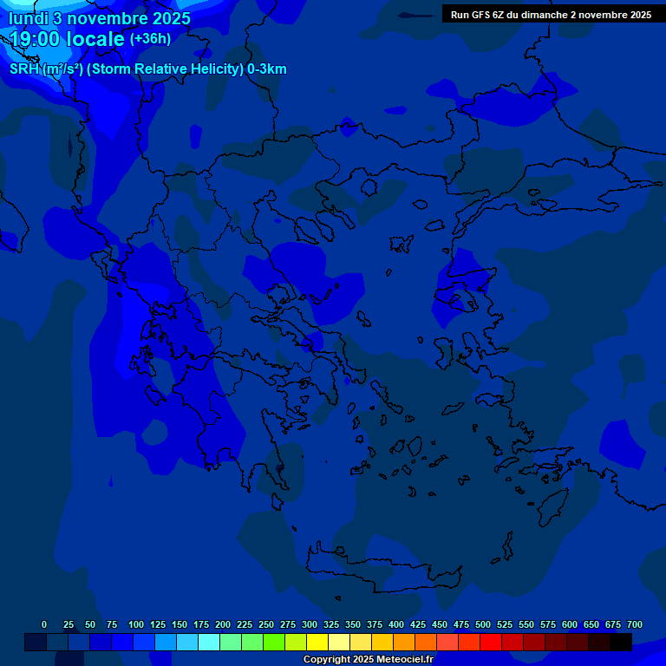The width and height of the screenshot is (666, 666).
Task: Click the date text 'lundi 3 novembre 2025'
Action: click(x=100, y=18)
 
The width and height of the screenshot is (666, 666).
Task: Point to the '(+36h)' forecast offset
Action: click(x=150, y=38)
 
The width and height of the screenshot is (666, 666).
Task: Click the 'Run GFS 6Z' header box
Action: click(x=551, y=14)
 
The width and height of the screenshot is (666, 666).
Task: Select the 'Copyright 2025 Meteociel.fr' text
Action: click(x=368, y=659)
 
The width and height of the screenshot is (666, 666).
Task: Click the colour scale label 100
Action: click(x=136, y=624)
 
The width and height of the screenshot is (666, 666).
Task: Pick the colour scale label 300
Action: click(x=310, y=624)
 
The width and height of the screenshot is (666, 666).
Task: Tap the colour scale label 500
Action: click(x=483, y=624)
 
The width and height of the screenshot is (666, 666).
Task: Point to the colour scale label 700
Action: click(x=634, y=624)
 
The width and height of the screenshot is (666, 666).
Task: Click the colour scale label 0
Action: click(x=44, y=624)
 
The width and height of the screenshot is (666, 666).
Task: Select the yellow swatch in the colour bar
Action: click(x=317, y=643)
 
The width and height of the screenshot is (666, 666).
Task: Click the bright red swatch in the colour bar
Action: click(x=491, y=643)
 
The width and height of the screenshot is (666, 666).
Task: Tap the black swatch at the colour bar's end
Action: click(x=621, y=643)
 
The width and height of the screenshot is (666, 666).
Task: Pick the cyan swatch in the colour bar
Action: click(x=209, y=643)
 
